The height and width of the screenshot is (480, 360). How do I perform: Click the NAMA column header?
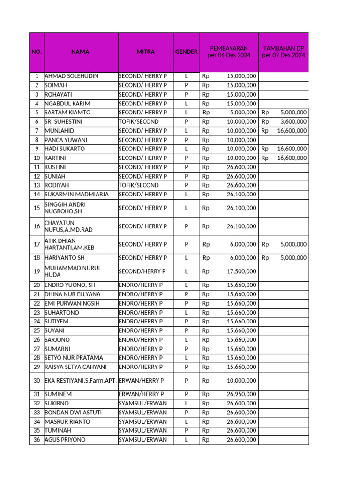[80, 52]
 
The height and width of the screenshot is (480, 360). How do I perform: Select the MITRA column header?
[145, 52]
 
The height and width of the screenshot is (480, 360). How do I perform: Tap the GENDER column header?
[186, 52]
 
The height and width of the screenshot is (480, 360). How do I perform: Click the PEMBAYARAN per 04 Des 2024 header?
[229, 52]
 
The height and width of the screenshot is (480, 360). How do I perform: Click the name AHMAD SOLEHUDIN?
[71, 76]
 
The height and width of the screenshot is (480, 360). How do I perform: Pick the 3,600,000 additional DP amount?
[293, 121]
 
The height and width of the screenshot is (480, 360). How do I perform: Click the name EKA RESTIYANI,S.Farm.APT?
[81, 381]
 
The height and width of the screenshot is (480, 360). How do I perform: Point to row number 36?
[37, 440]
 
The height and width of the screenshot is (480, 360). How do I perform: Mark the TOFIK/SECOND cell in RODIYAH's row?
[139, 185]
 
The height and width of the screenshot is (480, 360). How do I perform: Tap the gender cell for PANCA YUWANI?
[186, 140]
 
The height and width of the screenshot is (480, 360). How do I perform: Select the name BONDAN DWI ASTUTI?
[73, 412]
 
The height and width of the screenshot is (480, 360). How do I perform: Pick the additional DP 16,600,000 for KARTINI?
[292, 158]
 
